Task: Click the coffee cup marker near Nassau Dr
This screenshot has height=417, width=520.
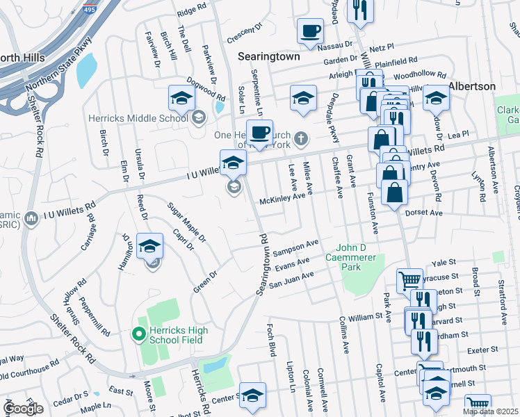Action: pos(310,31)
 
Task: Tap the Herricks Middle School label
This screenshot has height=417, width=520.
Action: pos(138,117)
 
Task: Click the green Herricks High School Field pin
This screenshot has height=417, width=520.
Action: pos(138,335)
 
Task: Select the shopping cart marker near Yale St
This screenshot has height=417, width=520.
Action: pos(409,281)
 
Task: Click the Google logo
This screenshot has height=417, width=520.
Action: pos(23,409)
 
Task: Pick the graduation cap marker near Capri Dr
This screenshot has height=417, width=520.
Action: pos(149,246)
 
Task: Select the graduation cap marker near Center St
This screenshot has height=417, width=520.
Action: pos(252,394)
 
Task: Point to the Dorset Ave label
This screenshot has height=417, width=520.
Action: pos(424,213)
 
